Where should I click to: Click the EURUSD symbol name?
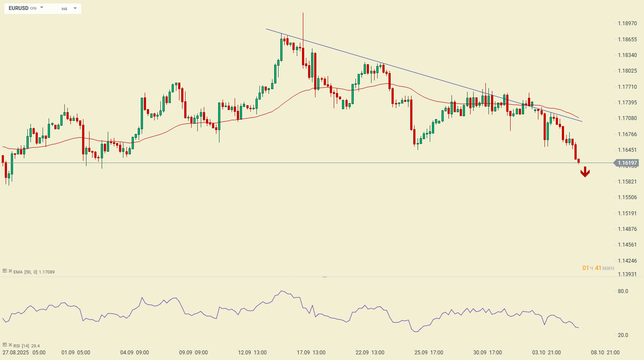[18, 8]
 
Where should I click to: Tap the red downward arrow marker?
[585, 172]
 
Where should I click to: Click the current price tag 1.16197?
[627, 163]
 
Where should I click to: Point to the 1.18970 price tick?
[627, 23]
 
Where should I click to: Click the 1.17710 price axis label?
[627, 87]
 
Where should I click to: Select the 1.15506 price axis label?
[627, 197]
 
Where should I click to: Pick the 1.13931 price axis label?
[627, 274]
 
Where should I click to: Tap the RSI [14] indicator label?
[22, 346]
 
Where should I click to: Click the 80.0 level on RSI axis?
[623, 291]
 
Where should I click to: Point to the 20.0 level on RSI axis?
[623, 335]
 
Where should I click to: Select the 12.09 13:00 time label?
[252, 353]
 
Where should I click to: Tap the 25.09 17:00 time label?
[428, 353]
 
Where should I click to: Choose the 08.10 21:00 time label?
[605, 353]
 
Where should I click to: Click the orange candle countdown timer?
[598, 268]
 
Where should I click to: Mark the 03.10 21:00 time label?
[546, 353]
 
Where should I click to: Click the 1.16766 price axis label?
[627, 134]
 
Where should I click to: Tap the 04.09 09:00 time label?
[134, 353]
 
